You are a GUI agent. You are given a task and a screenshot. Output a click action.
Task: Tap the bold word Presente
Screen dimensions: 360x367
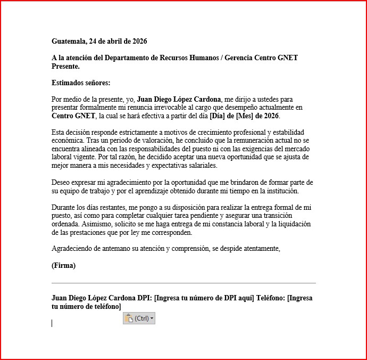[x=65, y=67]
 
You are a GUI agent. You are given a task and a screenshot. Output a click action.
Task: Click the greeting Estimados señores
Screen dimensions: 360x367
[x=81, y=83]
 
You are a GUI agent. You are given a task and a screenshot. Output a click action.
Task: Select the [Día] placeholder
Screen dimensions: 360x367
[x=220, y=116]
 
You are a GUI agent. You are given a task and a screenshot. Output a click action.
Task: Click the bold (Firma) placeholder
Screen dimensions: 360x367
[x=63, y=265]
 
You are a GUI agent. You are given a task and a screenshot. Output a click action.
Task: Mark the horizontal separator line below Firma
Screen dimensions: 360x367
[x=183, y=283]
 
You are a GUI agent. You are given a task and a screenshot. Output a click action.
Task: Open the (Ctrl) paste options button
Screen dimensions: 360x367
[x=139, y=318]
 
